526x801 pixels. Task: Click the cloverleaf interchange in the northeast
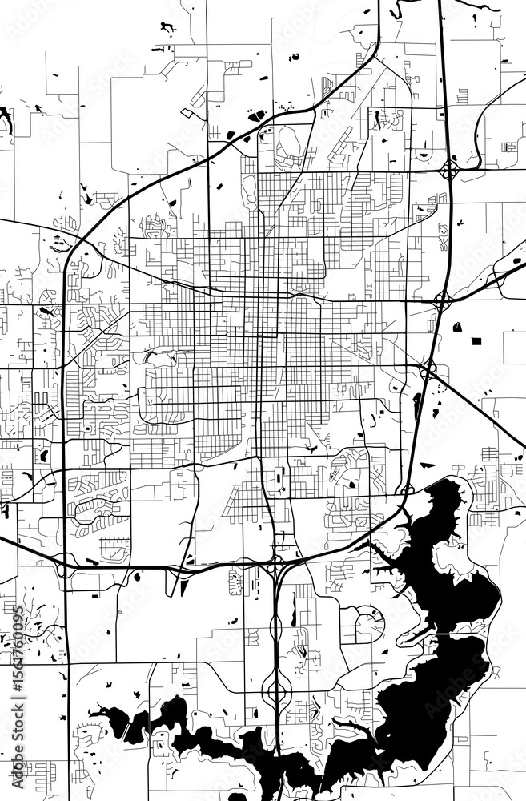[x=450, y=169]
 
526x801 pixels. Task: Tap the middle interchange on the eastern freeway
[x=442, y=300]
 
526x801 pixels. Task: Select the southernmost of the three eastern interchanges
[x=428, y=370]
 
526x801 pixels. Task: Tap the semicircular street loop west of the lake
[x=369, y=624]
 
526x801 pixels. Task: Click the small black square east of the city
[x=476, y=340]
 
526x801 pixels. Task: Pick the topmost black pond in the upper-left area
[x=167, y=28]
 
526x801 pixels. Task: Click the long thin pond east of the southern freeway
[x=293, y=609]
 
